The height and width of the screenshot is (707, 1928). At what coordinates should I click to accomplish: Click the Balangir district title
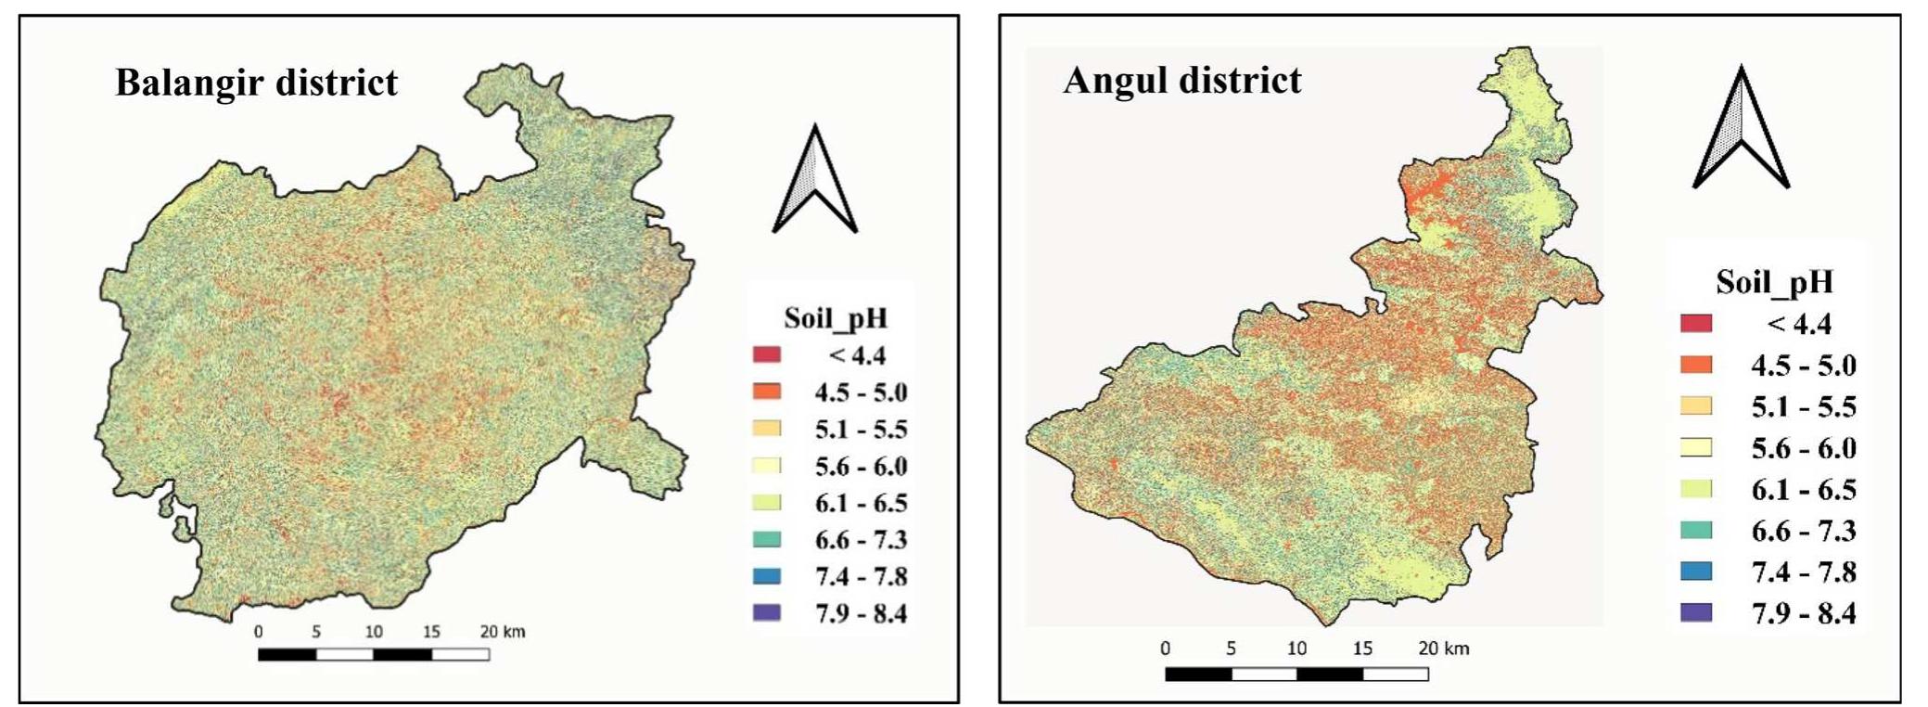point(256,83)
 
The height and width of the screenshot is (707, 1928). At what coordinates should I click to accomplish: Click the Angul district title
point(1181,80)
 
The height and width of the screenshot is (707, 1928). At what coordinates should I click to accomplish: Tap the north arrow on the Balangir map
point(814,180)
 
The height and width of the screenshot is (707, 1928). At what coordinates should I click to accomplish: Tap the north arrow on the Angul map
point(1741,129)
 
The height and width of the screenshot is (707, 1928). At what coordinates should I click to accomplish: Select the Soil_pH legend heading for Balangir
point(836,318)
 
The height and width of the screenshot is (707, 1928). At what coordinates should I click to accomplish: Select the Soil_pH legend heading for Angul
point(1774,282)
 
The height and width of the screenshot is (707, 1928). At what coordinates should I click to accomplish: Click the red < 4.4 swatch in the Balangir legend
point(767,354)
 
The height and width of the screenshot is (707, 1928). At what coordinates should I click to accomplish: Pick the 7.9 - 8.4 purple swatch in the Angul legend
point(1695,612)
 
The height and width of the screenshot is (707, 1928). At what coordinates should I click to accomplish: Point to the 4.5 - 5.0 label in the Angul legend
point(1803,366)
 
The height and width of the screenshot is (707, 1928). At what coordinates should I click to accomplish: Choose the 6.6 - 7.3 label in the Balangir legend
point(861,539)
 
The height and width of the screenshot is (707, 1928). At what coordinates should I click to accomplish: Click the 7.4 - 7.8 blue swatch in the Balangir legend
point(767,576)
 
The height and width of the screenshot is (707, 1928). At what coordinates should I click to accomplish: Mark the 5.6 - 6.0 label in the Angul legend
point(1803,448)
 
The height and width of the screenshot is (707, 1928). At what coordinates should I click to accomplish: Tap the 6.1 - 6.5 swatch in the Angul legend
point(1695,489)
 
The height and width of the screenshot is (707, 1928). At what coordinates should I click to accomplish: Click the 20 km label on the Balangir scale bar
point(502,632)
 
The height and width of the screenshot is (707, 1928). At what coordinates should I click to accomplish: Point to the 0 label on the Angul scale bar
point(1166,649)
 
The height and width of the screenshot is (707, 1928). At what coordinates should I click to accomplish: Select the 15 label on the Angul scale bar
point(1361,649)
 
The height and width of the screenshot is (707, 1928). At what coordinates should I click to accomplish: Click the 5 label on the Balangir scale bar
point(316,632)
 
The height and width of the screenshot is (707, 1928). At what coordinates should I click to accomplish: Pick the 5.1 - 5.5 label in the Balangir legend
point(861,429)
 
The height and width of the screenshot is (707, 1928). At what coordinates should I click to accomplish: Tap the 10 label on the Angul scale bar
point(1296,649)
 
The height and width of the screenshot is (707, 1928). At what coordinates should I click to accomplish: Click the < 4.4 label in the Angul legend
point(1798,324)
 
